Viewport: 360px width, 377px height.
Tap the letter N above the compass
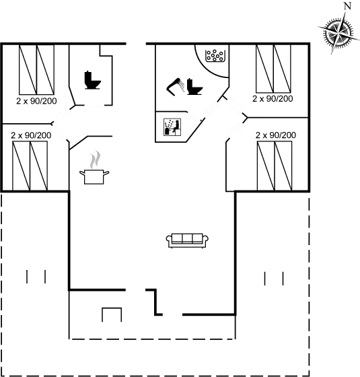pos(347,6)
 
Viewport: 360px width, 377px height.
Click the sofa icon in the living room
pos(187,240)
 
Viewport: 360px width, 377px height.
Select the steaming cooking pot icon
pos(94,176)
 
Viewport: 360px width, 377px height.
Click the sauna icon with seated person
pos(172,127)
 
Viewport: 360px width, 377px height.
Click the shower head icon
pos(175,87)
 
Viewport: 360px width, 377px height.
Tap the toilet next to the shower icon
pos(194,86)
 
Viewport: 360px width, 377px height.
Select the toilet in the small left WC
pos(92,80)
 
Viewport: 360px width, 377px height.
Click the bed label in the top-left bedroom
pos(36,101)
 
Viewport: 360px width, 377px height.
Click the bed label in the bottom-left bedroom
pos(31,135)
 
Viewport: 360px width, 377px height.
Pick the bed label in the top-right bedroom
pos(273,98)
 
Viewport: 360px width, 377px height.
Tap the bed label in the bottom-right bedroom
pos(276,135)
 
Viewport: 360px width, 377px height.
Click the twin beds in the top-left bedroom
pos(36,69)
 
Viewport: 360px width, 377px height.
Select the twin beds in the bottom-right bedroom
pos(275,166)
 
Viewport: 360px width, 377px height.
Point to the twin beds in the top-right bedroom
pos(273,69)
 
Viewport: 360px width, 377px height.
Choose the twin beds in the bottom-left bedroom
pos(30,166)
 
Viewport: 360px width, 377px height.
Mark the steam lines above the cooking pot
pos(94,160)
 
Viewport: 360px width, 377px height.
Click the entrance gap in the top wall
pos(136,44)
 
